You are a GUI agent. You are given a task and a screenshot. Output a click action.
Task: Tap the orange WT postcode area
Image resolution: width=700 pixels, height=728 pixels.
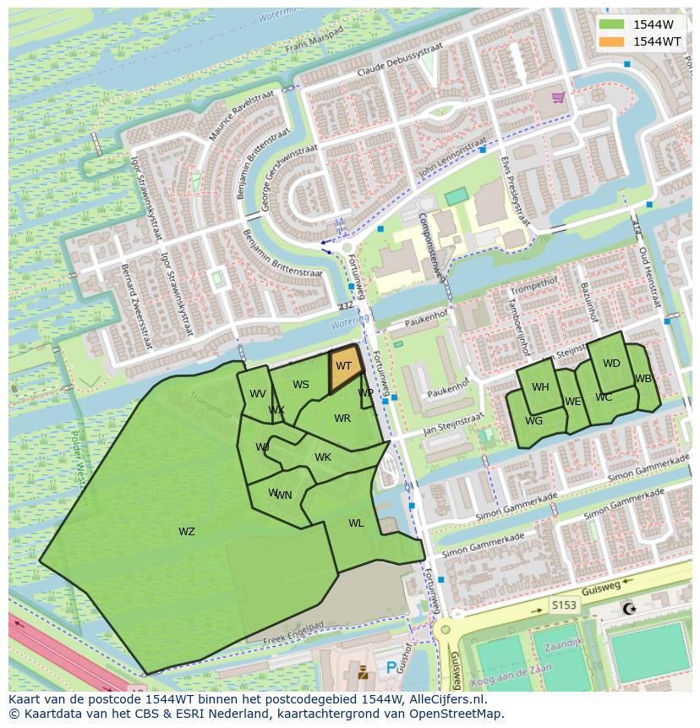tap(345, 369)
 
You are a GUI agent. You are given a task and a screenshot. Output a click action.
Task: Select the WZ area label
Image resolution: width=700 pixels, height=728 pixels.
tap(187, 532)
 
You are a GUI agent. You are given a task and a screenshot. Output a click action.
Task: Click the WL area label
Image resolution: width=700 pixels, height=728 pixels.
tap(356, 523)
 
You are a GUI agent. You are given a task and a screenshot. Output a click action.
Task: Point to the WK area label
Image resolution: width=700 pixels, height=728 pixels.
tap(323, 457)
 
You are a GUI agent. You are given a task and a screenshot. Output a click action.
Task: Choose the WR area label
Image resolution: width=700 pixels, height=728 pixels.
tap(342, 419)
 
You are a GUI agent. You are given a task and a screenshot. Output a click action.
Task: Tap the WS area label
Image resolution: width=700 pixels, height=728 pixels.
tap(301, 385)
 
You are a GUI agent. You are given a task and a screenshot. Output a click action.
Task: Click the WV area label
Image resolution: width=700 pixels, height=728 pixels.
tap(258, 394)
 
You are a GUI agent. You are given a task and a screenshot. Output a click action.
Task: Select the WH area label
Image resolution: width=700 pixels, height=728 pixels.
tap(540, 387)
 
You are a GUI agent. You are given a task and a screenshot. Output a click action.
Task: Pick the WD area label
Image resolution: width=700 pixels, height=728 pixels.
tap(611, 364)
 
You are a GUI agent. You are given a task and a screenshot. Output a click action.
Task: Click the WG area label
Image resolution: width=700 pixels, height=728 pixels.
tap(533, 421)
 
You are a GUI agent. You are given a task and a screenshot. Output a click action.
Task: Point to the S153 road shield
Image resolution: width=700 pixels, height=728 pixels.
tap(563, 605)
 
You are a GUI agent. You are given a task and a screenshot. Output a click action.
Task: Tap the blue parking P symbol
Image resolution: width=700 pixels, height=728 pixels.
tap(391, 668)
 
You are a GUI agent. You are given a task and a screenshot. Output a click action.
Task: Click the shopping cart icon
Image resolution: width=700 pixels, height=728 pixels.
tap(558, 97)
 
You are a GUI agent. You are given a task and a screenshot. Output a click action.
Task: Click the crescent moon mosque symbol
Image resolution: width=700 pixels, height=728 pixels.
tap(628, 609)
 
